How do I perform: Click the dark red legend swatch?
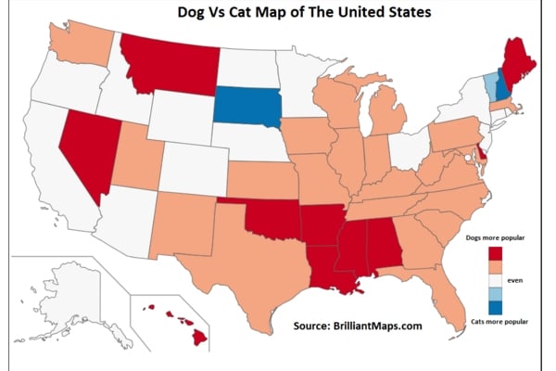pos(495,255)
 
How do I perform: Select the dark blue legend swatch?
pos(495,308)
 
